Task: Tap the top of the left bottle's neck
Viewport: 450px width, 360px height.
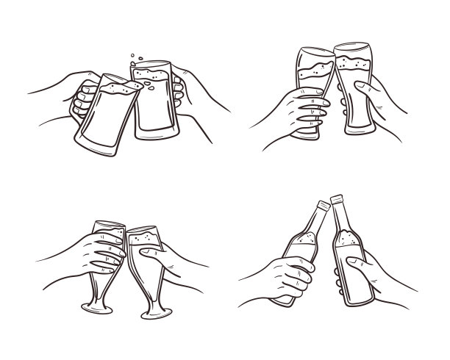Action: click(x=321, y=204)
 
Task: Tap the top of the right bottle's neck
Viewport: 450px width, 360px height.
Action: click(x=337, y=198)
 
